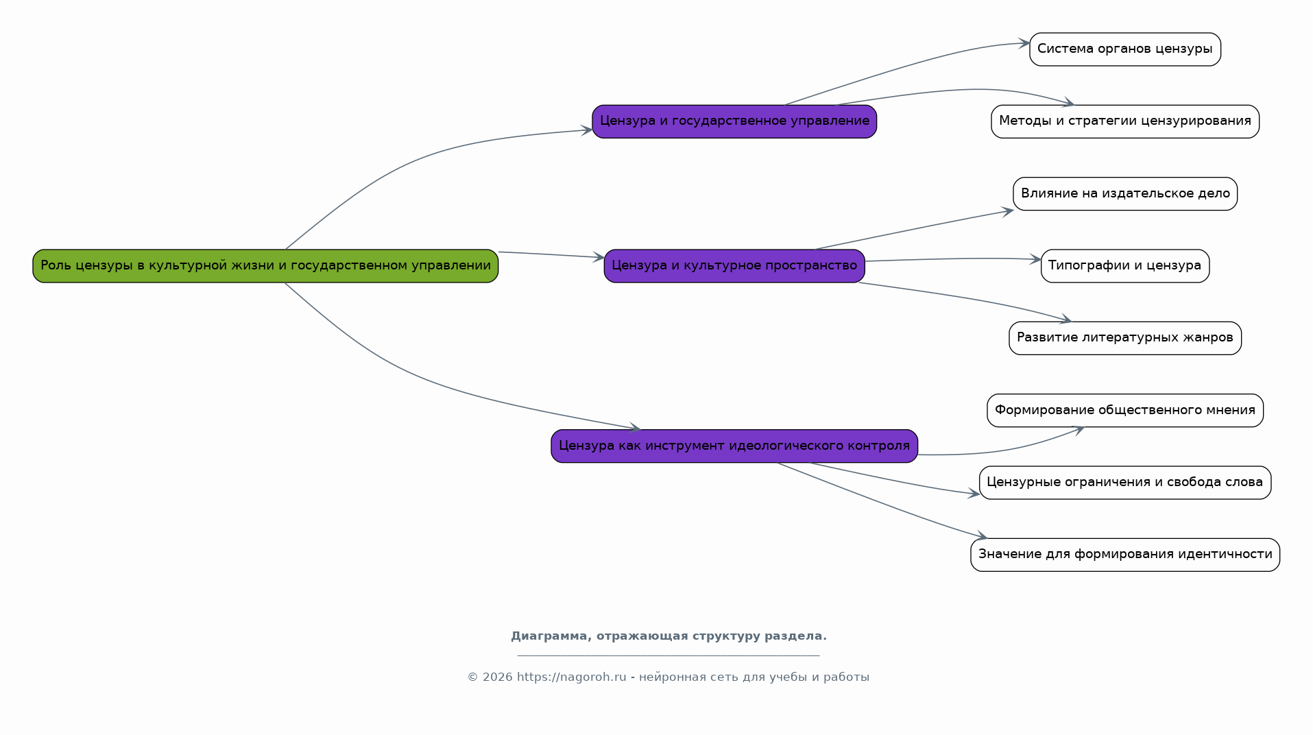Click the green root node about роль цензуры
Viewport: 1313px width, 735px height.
point(265,266)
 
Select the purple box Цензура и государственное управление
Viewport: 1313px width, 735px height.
point(734,121)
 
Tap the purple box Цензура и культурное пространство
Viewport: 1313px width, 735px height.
point(734,266)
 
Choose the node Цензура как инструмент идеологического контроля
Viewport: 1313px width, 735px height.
point(734,446)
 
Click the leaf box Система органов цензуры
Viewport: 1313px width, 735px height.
point(1125,49)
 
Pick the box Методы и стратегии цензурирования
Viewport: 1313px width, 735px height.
point(1125,121)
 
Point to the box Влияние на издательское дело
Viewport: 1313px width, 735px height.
point(1125,194)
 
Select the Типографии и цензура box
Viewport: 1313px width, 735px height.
point(1125,266)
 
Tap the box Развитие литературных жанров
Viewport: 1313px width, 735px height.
point(1125,338)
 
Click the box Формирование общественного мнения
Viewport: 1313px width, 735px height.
point(1125,411)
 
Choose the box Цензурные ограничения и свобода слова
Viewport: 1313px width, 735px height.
point(1125,483)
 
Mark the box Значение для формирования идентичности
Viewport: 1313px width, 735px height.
point(1125,555)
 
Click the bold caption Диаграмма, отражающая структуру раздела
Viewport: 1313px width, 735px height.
point(668,636)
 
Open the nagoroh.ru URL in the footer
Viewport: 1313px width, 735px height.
point(572,677)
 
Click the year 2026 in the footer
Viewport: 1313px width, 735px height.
point(498,677)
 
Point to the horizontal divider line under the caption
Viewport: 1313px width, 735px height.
point(668,656)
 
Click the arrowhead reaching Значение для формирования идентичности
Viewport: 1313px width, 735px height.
point(982,536)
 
